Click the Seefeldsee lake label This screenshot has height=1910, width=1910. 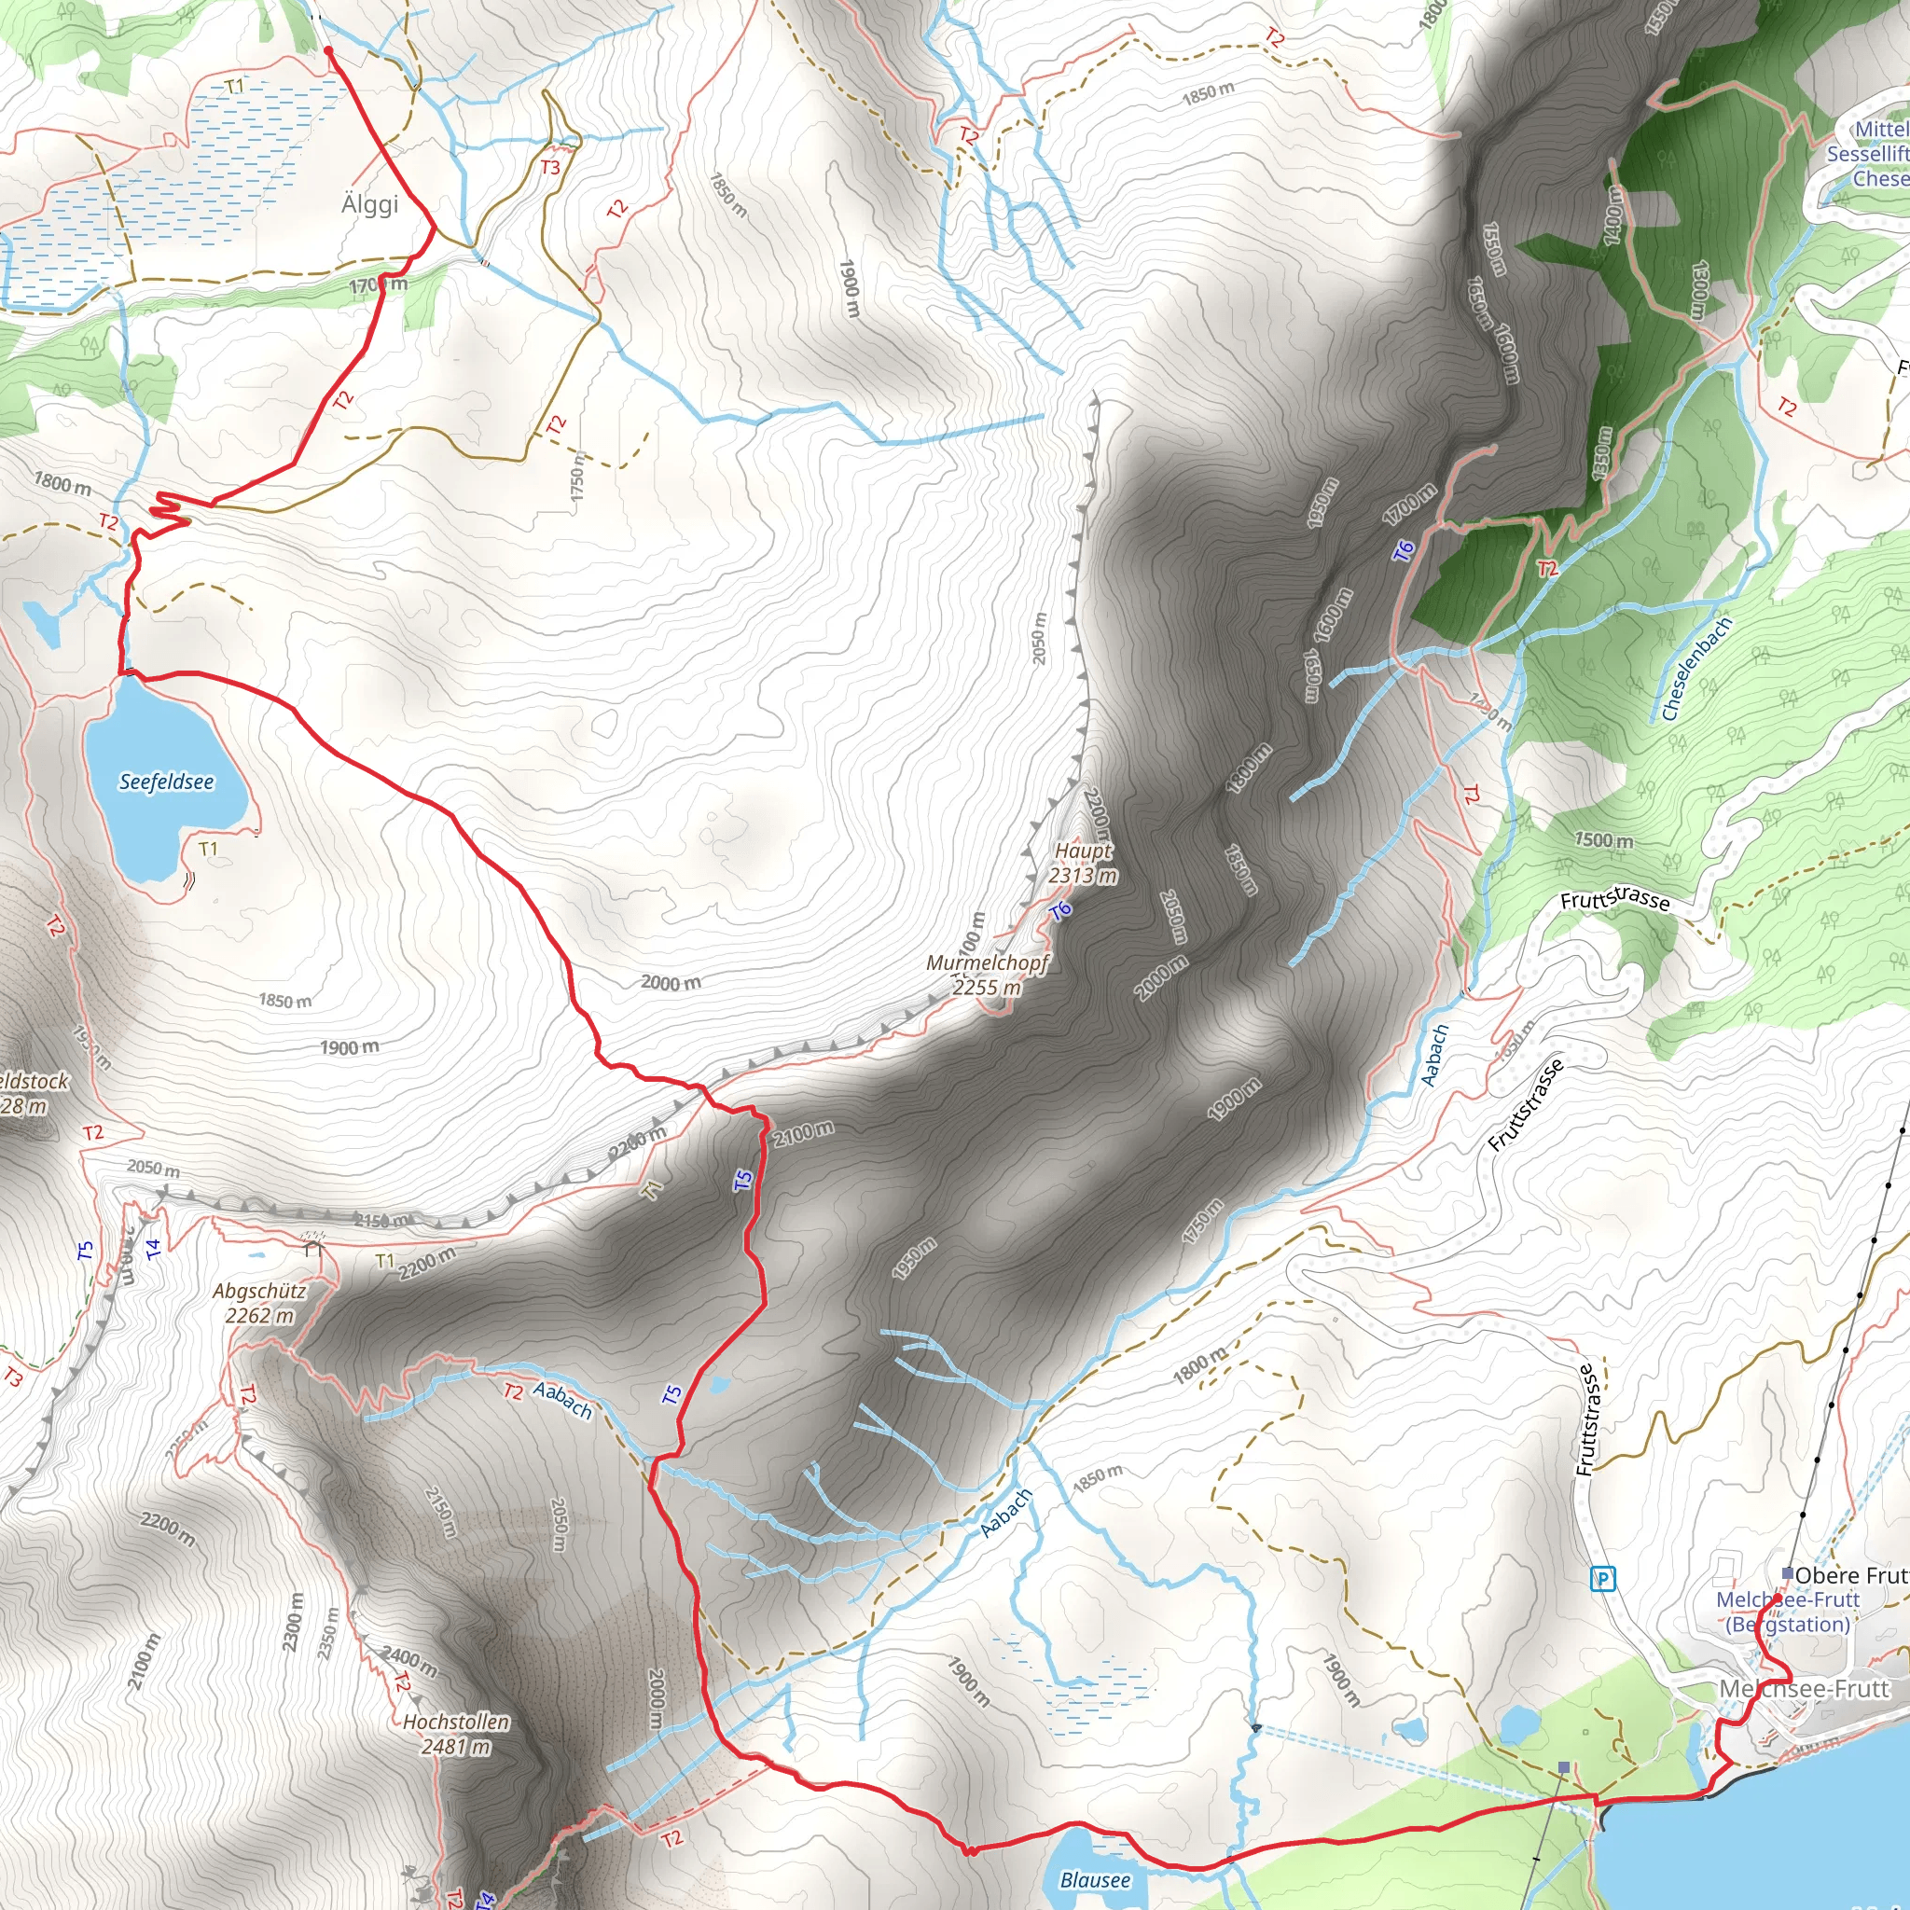tap(166, 782)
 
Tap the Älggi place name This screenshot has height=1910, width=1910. tap(369, 203)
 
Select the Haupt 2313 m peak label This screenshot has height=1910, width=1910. tap(1083, 863)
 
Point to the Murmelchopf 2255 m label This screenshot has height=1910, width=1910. tap(987, 974)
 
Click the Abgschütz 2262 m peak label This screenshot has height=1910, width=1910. tap(259, 1303)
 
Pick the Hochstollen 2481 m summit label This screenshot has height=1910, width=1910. tap(456, 1734)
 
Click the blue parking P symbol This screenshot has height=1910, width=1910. tap(1602, 1580)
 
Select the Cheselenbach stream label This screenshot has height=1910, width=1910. tap(1695, 670)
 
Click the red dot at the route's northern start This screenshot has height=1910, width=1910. tap(328, 50)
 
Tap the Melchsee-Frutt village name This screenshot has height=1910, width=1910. tap(1805, 1689)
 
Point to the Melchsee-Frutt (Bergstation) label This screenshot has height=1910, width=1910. tap(1788, 1612)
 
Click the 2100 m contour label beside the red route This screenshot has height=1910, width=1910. tap(803, 1133)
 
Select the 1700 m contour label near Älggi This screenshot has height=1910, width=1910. tap(378, 285)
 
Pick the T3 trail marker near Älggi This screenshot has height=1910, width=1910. tap(549, 167)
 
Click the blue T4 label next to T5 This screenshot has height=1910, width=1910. tap(152, 1250)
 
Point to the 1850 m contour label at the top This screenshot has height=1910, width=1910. tap(1208, 94)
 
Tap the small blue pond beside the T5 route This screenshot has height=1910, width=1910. tap(719, 1385)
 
